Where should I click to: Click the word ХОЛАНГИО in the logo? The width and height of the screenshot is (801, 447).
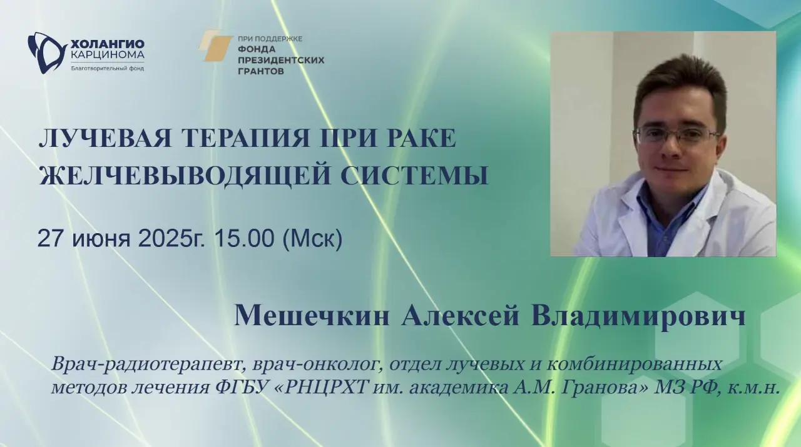coord(107,44)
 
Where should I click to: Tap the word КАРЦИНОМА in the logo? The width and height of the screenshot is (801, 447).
coord(107,54)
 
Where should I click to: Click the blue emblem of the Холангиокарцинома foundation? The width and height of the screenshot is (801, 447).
coord(46,53)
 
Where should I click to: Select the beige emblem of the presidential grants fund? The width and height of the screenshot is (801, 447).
coord(215,46)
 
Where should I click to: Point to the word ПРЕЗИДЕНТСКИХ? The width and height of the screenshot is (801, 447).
coord(281,60)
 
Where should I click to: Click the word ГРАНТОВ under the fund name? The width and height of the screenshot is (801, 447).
coord(261,71)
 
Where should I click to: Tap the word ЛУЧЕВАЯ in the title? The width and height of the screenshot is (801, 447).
coord(105,138)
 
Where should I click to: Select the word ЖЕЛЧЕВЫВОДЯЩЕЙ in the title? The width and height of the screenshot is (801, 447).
coord(185,176)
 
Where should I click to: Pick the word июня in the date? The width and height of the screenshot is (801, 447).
coord(101,240)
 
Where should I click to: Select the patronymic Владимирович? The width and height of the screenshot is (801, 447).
coord(638,316)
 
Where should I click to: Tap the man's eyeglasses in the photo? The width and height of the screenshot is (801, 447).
coord(675,136)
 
